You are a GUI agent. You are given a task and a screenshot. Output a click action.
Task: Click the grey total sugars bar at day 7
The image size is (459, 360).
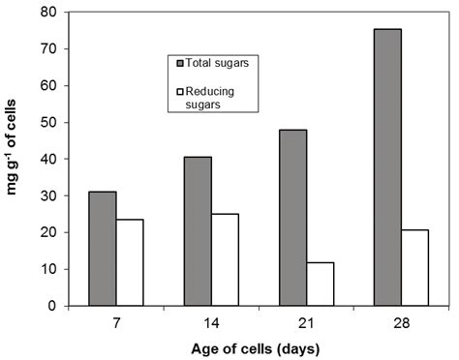click(103, 249)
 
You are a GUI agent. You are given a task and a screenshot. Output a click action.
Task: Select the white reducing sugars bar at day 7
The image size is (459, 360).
click(130, 262)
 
